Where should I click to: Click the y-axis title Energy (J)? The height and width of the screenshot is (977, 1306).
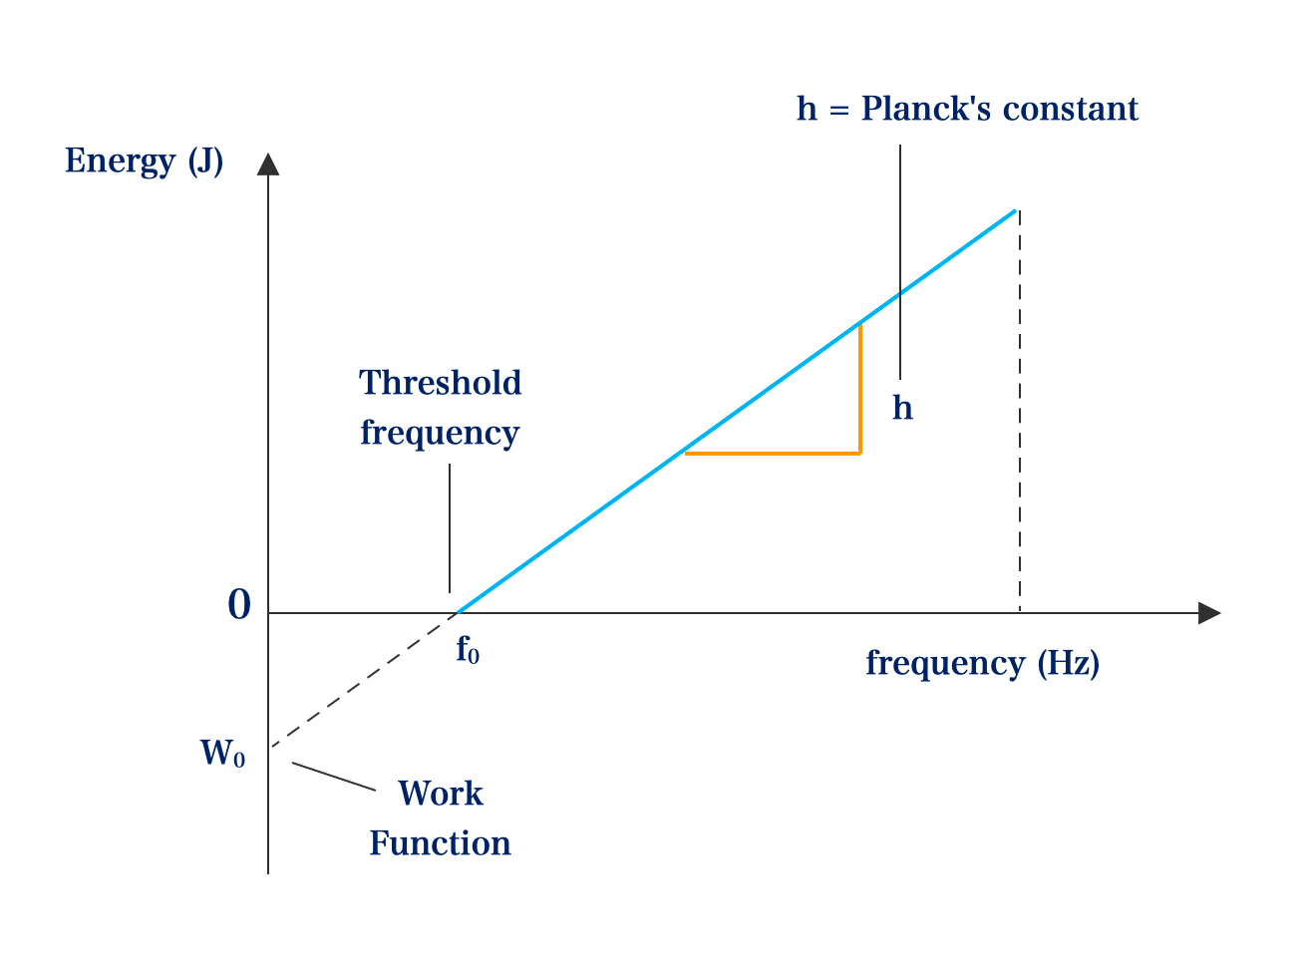click(x=144, y=161)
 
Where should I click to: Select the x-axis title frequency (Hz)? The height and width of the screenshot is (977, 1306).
click(x=982, y=663)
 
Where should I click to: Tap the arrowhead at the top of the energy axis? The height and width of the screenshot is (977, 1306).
click(x=268, y=164)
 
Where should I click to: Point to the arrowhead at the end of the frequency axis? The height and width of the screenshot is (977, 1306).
click(x=1209, y=613)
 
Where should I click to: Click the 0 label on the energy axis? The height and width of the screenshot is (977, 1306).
click(x=239, y=604)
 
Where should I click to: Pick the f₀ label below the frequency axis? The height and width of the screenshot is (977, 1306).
click(x=468, y=649)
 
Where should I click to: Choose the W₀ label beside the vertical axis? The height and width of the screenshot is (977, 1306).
click(x=222, y=754)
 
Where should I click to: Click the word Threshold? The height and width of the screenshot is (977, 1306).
click(x=440, y=382)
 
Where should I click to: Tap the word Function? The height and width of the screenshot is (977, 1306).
click(x=441, y=843)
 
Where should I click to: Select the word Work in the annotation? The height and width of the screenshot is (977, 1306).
click(x=441, y=794)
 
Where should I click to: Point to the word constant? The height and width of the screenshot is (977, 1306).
click(x=1071, y=110)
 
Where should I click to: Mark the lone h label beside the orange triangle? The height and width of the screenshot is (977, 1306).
click(x=902, y=408)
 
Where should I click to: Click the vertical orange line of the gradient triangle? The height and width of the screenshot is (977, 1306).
click(x=860, y=389)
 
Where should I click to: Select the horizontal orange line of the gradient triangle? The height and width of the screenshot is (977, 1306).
click(x=773, y=454)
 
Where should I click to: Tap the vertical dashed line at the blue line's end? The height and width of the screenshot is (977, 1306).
click(x=1020, y=411)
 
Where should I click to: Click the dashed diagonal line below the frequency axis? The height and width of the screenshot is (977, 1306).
click(x=364, y=680)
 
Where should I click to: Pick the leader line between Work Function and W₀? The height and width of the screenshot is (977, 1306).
click(x=334, y=777)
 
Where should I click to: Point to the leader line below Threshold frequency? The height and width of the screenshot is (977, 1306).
click(x=450, y=528)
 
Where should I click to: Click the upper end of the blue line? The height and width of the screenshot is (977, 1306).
click(x=1015, y=210)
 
